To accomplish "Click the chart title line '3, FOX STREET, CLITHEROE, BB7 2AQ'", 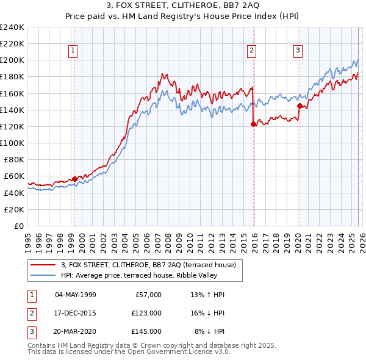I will (x=183, y=7).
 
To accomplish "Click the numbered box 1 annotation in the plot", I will (x=73, y=51).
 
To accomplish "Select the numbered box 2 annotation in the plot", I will (x=251, y=51).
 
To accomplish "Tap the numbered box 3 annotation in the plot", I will (x=298, y=51).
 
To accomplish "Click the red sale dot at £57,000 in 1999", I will (x=74, y=179).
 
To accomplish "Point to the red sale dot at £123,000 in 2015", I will (x=253, y=124).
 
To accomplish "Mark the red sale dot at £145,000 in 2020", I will (x=300, y=106).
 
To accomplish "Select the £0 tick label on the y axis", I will (x=19, y=226).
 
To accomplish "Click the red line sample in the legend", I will (x=44, y=264).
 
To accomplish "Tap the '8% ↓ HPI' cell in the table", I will (x=209, y=331).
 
